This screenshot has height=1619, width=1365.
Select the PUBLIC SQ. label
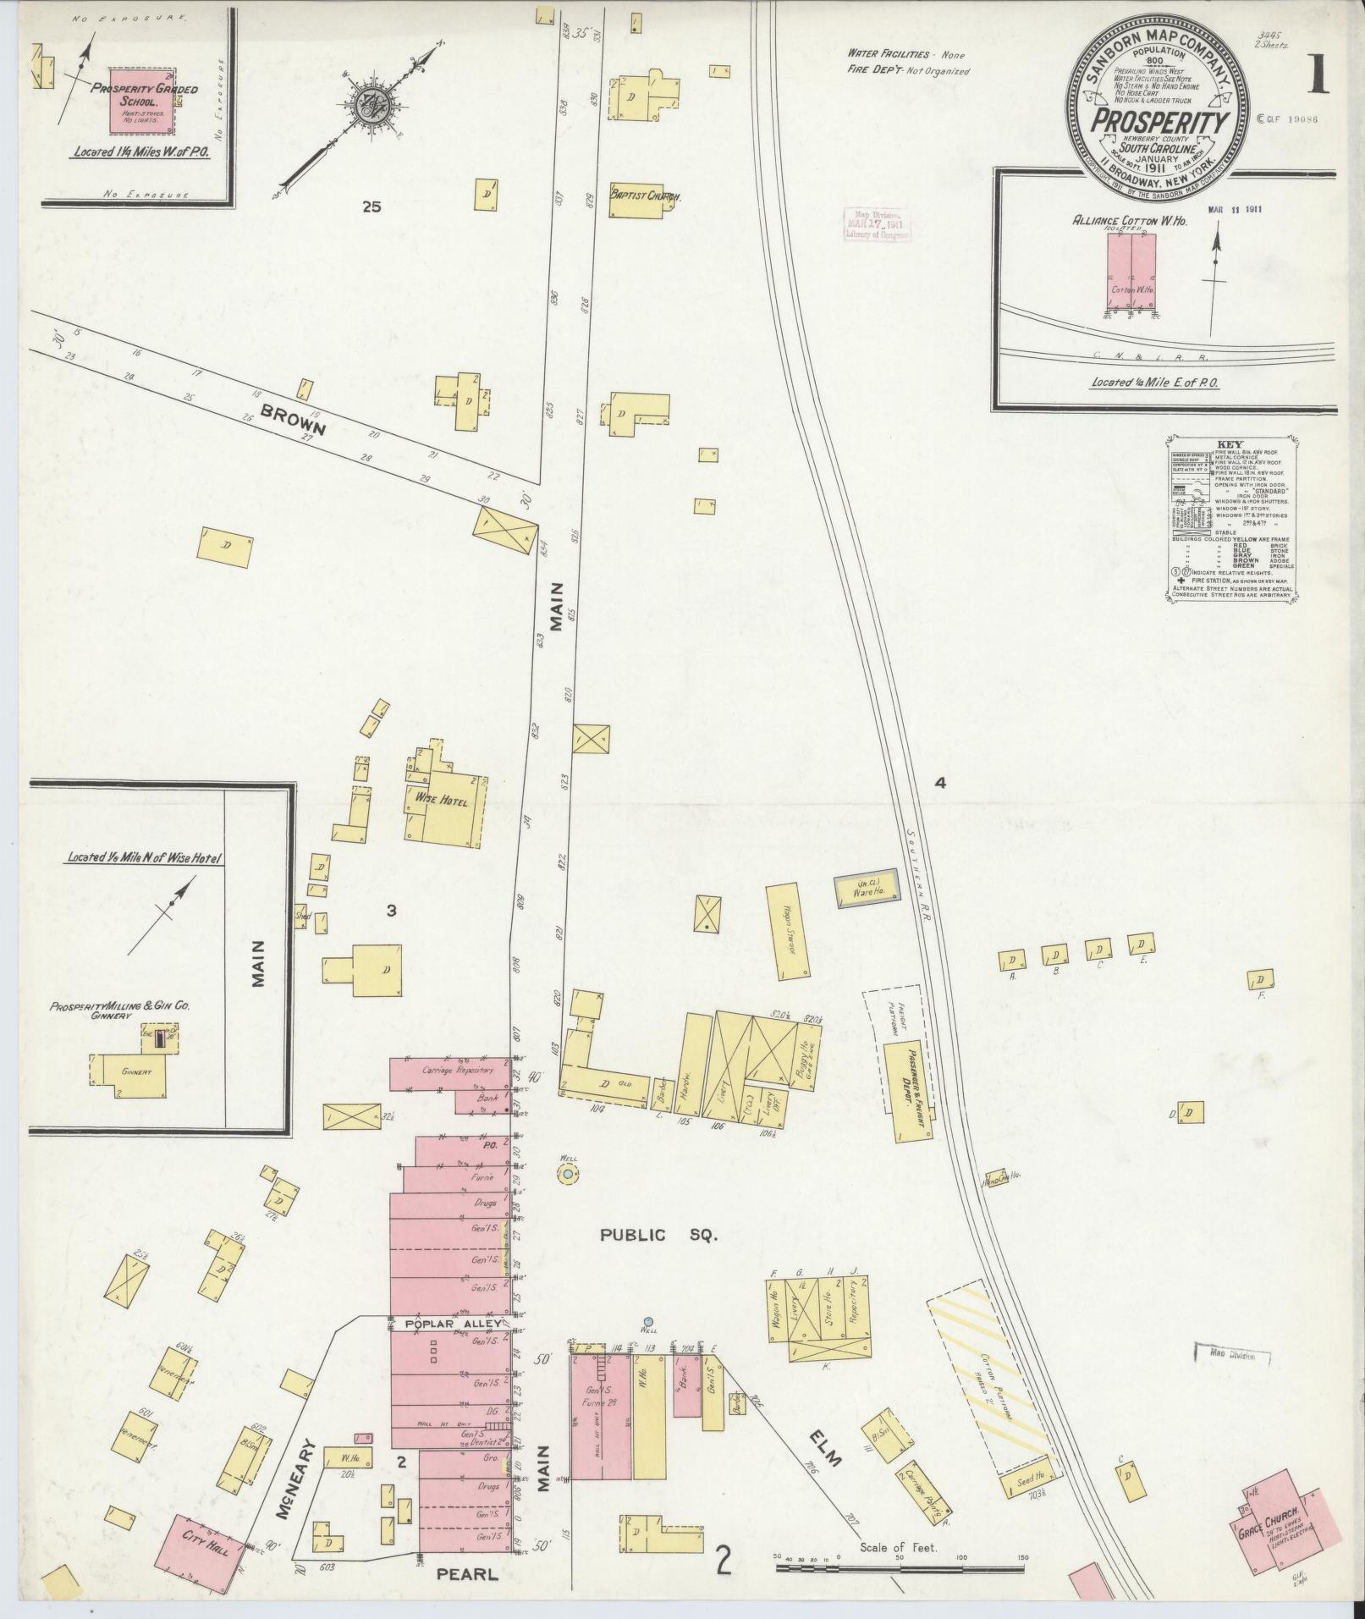point(658,1236)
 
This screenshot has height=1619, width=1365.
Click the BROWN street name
point(293,418)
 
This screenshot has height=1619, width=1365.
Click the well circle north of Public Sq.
point(566,1173)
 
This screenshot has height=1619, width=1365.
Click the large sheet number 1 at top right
point(1317,78)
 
